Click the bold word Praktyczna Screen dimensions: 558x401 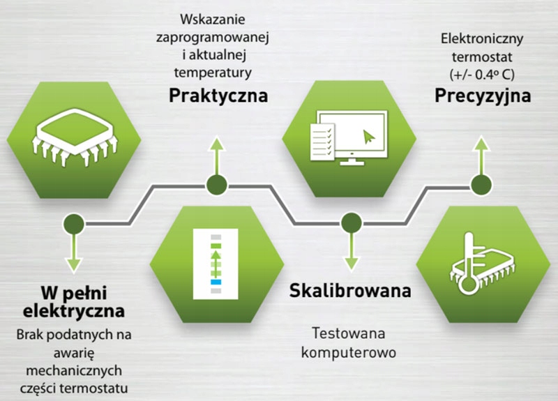218,96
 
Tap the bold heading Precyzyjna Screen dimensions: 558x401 483,96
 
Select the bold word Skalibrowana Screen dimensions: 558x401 350,290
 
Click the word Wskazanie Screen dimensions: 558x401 213,20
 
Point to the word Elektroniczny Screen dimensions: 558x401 482,39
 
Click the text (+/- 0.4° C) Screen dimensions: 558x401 482,75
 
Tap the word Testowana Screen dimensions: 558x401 348,333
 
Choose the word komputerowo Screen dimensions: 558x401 348,353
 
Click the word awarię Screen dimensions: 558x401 74,354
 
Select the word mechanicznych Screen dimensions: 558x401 74,370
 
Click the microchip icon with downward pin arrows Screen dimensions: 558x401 75,137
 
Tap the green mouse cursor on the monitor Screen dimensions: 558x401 369,137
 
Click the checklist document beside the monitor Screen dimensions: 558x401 322,142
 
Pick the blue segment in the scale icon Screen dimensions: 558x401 216,282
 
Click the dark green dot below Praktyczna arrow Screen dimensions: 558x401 217,185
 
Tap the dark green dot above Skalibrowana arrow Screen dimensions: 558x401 352,223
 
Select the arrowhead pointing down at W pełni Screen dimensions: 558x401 74,265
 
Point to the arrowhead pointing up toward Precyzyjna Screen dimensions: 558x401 481,144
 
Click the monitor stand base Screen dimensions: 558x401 352,163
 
